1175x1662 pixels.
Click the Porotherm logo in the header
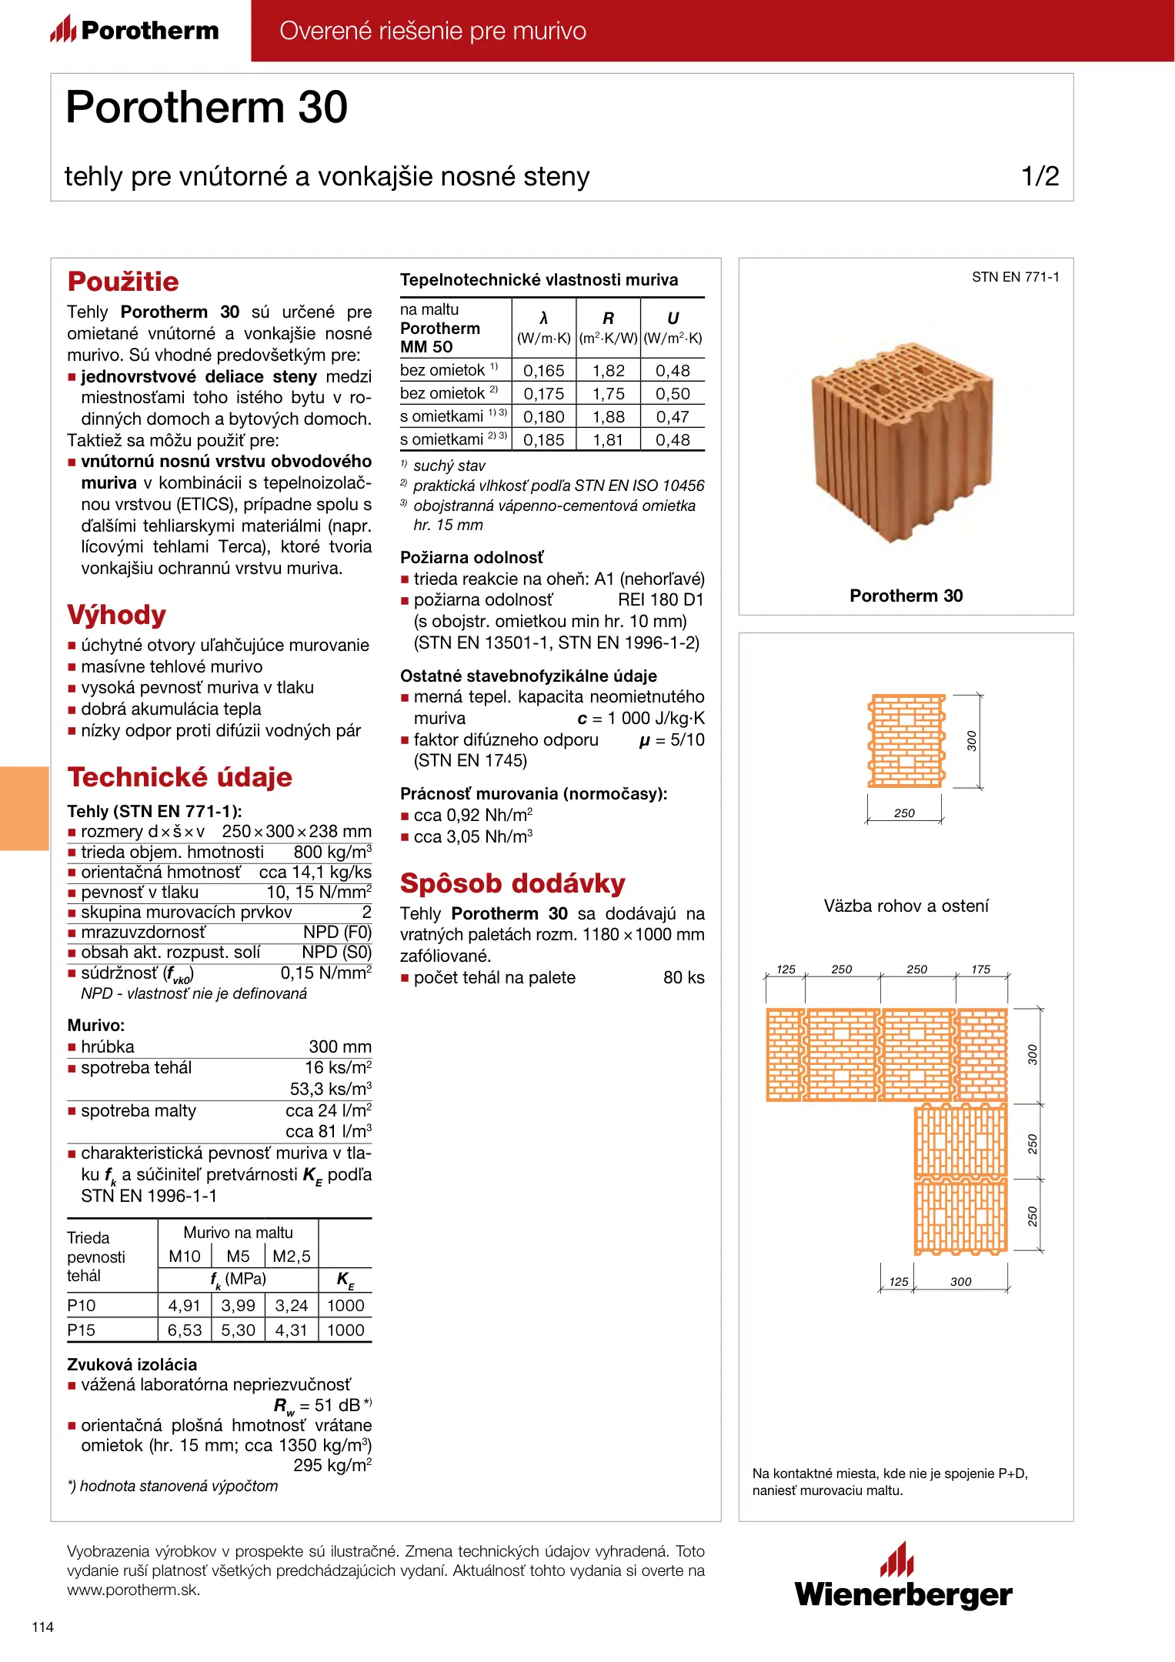135,30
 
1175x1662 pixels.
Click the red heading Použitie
123,282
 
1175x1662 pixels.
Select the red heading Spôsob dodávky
512,883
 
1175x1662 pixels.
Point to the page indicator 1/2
1040,176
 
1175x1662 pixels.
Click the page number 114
43,1627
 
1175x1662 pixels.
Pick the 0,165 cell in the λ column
544,371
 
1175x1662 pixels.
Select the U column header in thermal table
673,319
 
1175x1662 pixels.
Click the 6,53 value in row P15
185,1330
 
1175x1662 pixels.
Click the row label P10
82,1306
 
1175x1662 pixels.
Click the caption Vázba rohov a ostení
906,906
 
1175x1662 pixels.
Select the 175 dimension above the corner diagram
980,969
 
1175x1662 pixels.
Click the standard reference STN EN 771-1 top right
1015,277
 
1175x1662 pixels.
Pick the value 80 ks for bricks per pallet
683,978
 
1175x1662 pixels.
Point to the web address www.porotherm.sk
133,1590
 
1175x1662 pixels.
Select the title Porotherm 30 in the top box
206,107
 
